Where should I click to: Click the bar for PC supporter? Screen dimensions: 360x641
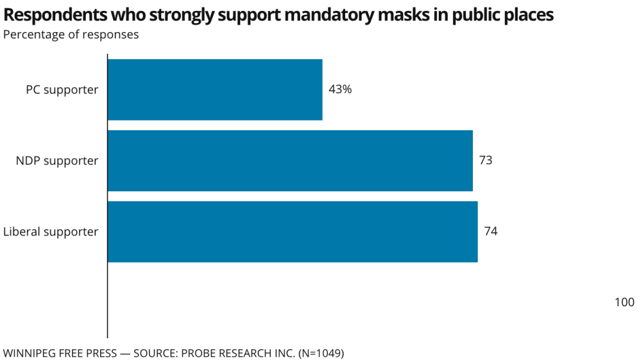[x=214, y=90]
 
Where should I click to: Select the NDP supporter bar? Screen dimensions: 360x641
[x=289, y=160]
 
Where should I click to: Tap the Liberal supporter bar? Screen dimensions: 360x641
[x=292, y=232]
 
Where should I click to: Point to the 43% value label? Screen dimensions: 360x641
[x=340, y=90]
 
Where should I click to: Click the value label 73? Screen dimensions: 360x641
[x=486, y=160]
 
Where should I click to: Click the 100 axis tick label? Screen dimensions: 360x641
[x=624, y=302]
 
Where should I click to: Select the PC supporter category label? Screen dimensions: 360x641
[x=62, y=90]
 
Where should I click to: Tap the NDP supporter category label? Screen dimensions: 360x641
[x=57, y=160]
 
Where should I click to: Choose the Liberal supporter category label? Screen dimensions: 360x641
[x=51, y=232]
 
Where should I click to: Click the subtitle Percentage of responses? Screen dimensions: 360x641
[x=71, y=35]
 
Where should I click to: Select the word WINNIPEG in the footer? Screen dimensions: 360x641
[x=28, y=353]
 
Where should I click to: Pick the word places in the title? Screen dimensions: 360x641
[x=527, y=15]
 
